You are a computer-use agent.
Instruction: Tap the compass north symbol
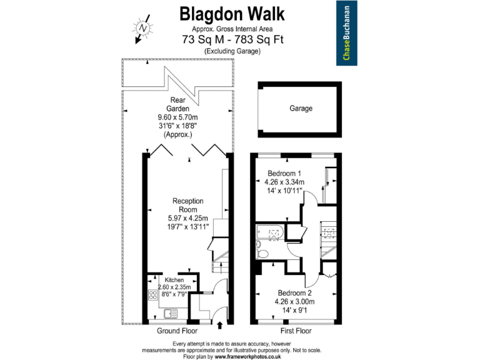[x=142, y=29]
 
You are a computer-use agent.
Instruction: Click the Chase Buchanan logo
[x=346, y=33]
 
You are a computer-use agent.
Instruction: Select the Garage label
[x=300, y=108]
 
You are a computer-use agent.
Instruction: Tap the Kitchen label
[x=174, y=280]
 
